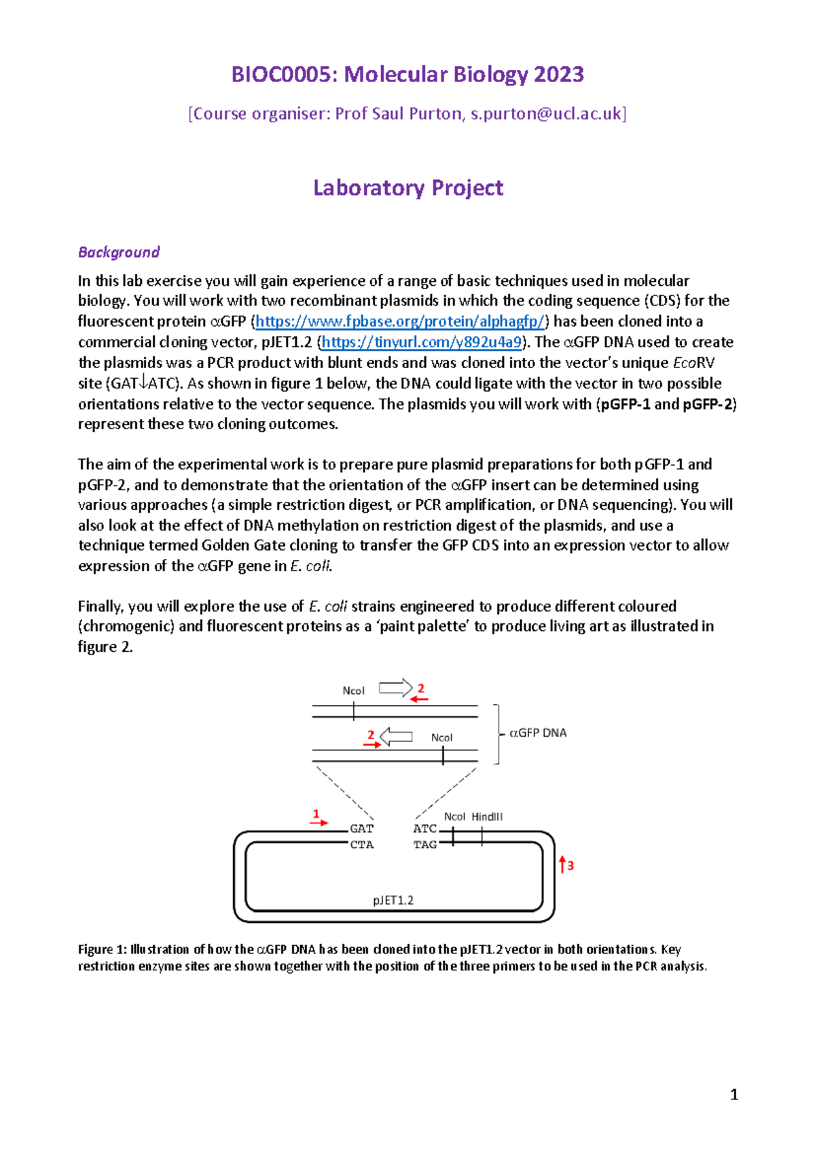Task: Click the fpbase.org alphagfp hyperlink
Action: tap(399, 321)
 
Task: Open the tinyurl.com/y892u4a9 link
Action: tap(421, 342)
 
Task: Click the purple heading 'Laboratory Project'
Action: tap(407, 187)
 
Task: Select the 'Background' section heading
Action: tap(119, 252)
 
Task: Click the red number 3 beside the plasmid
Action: tap(570, 866)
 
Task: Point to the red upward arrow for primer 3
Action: tap(562, 864)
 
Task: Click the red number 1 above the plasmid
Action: tap(315, 813)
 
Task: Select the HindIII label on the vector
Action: tap(487, 817)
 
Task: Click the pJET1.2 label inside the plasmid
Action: tap(393, 900)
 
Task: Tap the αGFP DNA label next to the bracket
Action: tap(538, 733)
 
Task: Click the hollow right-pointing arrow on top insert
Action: tap(395, 688)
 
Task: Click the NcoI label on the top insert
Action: tap(353, 691)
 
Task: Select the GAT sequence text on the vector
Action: tap(361, 828)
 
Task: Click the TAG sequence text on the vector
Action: tap(425, 845)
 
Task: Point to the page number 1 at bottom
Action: tap(733, 1094)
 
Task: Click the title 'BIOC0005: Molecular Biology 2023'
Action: tap(407, 74)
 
